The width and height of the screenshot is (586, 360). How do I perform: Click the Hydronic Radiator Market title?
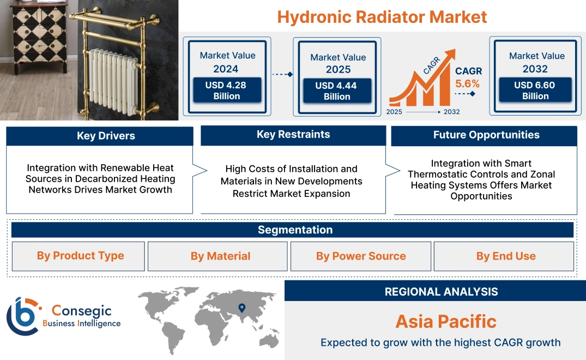tap(382, 16)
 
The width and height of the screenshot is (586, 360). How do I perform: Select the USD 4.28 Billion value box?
tap(227, 90)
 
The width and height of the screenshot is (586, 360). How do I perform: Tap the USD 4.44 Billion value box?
tap(337, 91)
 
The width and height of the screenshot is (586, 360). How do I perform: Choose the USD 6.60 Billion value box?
tap(535, 90)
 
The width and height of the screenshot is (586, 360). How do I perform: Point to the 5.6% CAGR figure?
tap(467, 83)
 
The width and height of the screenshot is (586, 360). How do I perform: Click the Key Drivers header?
tap(100, 136)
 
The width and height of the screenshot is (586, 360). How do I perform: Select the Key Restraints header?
tap(293, 135)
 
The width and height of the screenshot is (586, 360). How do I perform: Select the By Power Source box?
tap(361, 256)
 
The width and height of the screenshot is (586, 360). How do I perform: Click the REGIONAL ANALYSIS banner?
tap(435, 292)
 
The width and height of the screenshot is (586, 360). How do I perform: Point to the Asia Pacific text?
tap(446, 321)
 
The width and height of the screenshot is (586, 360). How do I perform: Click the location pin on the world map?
tap(242, 309)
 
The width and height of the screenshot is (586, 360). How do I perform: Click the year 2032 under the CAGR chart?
tap(451, 112)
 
